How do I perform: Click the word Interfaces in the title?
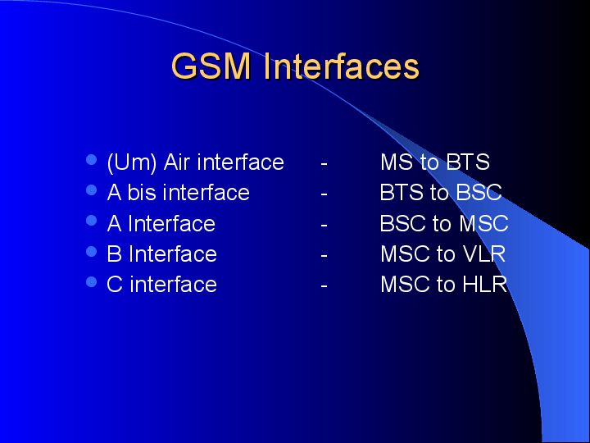click(342, 66)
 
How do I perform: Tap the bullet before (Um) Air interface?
click(92, 159)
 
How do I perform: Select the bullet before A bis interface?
click(92, 190)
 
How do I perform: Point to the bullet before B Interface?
click(92, 251)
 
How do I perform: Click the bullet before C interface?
click(92, 281)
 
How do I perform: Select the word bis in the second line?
click(143, 193)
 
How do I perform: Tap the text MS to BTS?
click(434, 162)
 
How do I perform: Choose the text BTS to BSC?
click(440, 193)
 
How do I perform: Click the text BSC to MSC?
click(443, 223)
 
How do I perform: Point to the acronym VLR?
click(483, 254)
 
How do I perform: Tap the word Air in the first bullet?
click(177, 162)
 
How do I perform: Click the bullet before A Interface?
click(92, 221)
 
